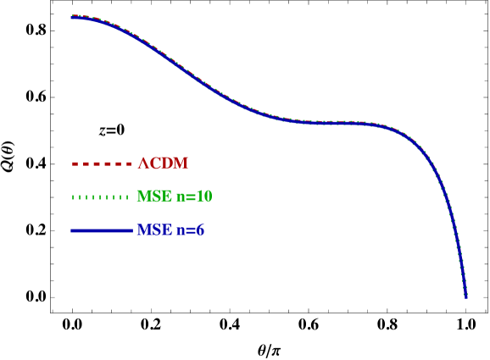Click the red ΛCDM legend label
[x=163, y=163]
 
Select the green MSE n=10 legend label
[x=175, y=197]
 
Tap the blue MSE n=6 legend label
[x=170, y=230]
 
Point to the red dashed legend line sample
[x=102, y=163]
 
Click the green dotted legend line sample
[x=102, y=197]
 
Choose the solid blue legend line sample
[x=102, y=230]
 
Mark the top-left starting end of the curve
[x=74, y=16]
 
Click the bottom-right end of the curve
[x=465, y=296]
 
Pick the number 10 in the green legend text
[x=204, y=197]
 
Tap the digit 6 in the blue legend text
[x=200, y=230]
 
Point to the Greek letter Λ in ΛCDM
[x=143, y=163]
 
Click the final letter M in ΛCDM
[x=180, y=163]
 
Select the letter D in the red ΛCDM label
[x=167, y=163]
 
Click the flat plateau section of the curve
[x=331, y=123]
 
